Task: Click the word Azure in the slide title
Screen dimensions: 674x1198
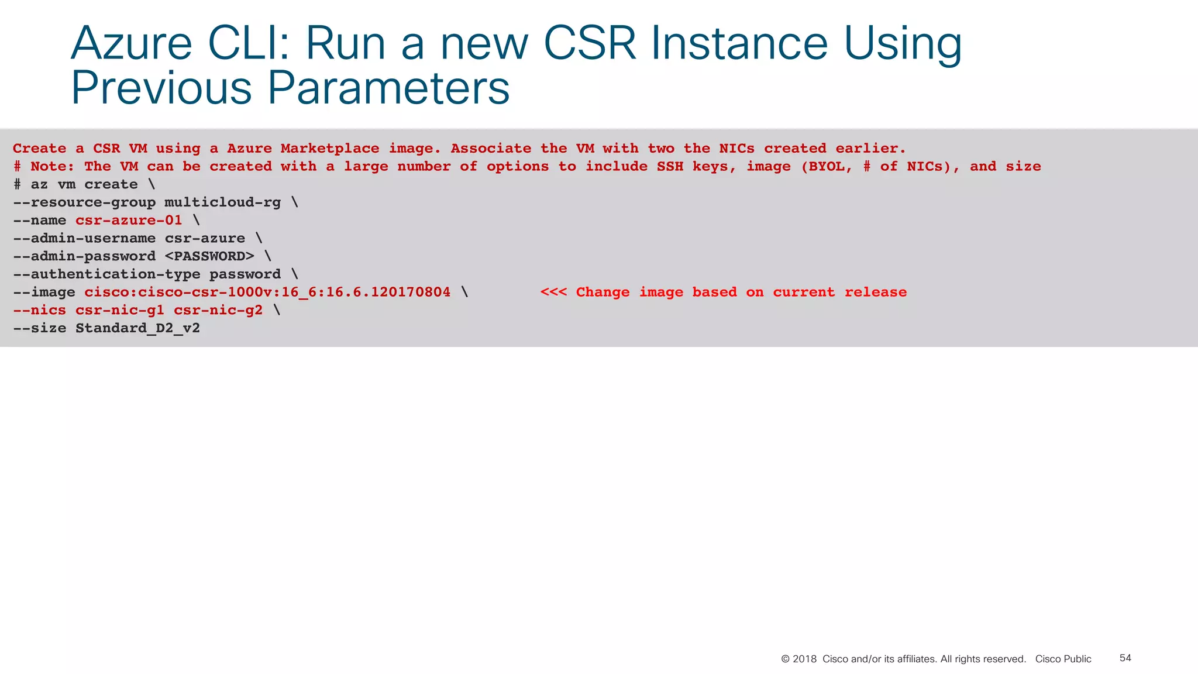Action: pos(132,44)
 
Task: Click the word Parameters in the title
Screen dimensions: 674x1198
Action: pos(388,88)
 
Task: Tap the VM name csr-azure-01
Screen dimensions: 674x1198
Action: pos(129,221)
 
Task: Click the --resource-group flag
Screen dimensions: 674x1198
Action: pos(84,202)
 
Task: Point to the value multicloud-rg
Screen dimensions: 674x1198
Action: pos(222,202)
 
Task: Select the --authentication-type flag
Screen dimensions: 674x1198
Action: pos(106,274)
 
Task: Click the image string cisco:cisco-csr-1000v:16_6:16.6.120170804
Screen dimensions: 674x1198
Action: pos(267,293)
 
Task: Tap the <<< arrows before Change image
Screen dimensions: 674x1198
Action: pos(553,293)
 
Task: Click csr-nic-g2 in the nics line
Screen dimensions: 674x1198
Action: pos(218,310)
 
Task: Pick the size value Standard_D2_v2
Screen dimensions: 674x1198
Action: pos(137,328)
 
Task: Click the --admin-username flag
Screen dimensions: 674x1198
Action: pos(84,239)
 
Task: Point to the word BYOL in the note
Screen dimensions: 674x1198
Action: pos(827,167)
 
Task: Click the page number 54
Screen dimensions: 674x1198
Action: pos(1125,658)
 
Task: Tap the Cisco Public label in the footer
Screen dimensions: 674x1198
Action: pos(1063,659)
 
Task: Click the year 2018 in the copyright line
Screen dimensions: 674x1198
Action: pos(804,659)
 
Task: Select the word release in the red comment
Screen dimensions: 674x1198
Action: pos(876,293)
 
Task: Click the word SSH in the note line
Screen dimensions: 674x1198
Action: pos(670,167)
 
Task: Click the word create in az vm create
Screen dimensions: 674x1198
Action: pos(111,185)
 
